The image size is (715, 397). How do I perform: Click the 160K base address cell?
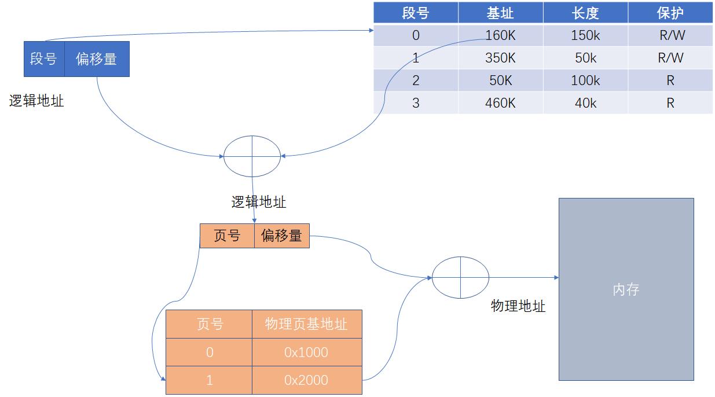pyautogui.click(x=500, y=35)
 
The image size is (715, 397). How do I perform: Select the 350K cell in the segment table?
pyautogui.click(x=500, y=58)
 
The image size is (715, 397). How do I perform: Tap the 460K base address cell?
pyautogui.click(x=500, y=103)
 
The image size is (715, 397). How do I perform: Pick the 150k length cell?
pyautogui.click(x=585, y=35)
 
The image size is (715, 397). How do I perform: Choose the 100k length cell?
pyautogui.click(x=585, y=80)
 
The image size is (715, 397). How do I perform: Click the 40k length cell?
pyautogui.click(x=585, y=103)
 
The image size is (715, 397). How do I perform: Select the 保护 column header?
pyautogui.click(x=670, y=13)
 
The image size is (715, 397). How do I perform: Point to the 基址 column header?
pyautogui.click(x=500, y=13)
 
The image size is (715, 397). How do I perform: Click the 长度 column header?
pyautogui.click(x=585, y=13)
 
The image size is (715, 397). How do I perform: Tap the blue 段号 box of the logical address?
pyautogui.click(x=43, y=59)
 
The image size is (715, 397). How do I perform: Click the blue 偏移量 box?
pyautogui.click(x=96, y=59)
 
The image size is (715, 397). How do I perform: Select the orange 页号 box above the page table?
pyautogui.click(x=227, y=236)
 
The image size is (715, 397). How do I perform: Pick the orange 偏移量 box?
pyautogui.click(x=281, y=236)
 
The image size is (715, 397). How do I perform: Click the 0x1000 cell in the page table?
pyautogui.click(x=306, y=352)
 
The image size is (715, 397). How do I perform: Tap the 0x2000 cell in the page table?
pyautogui.click(x=306, y=380)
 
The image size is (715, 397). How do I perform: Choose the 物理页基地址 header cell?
pyautogui.click(x=306, y=324)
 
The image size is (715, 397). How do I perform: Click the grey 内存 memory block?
pyautogui.click(x=626, y=289)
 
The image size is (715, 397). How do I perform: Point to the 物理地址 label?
pyautogui.click(x=518, y=306)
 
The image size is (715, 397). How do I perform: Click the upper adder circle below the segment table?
pyautogui.click(x=252, y=156)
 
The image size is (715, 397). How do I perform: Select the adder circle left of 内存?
pyautogui.click(x=461, y=278)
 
